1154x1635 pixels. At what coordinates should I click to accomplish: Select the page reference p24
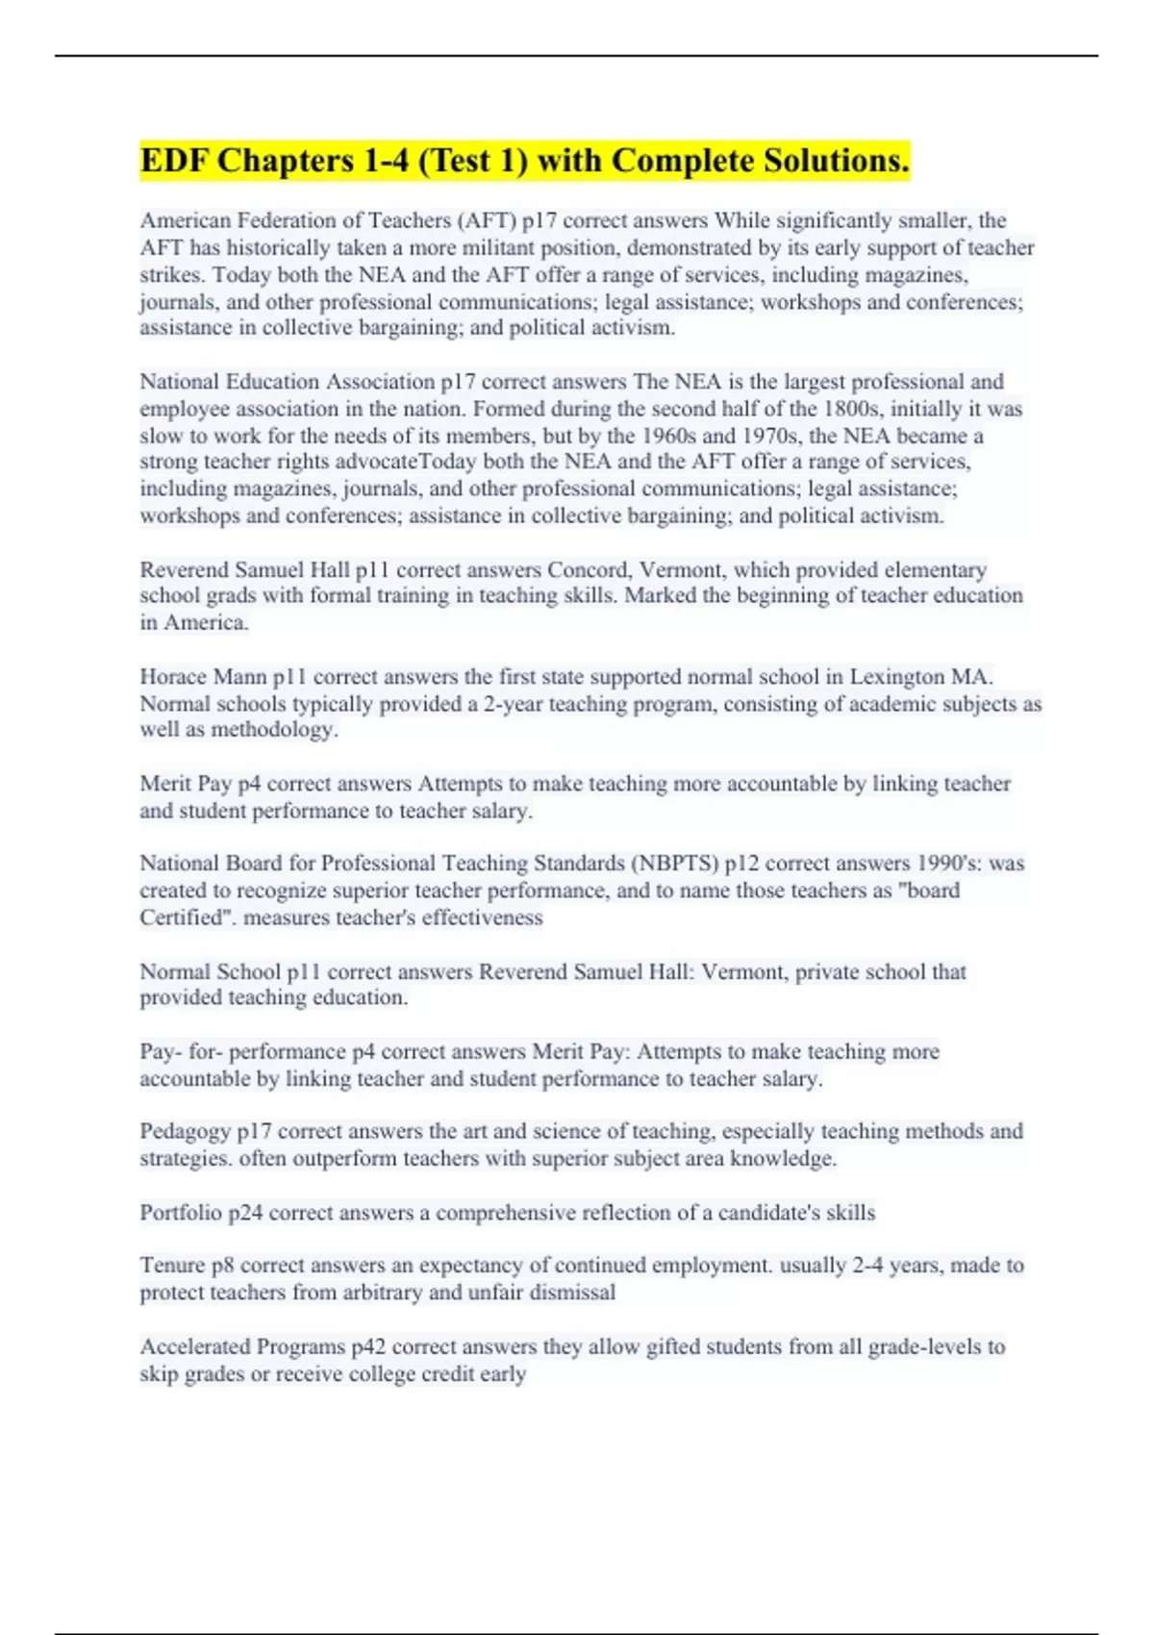(x=245, y=1213)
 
